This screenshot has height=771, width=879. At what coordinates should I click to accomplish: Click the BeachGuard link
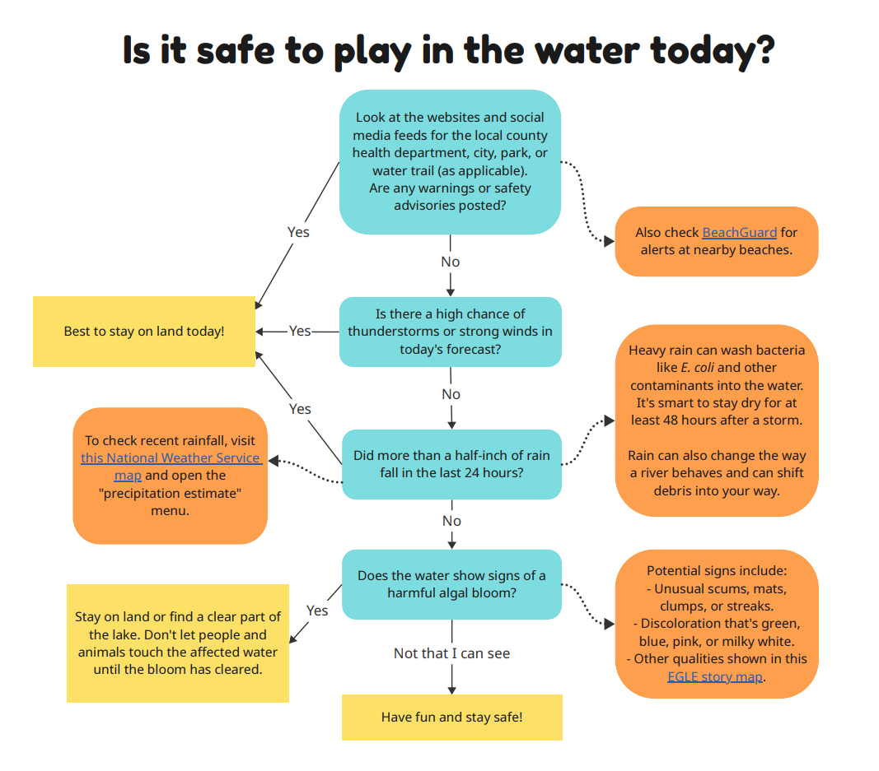click(739, 232)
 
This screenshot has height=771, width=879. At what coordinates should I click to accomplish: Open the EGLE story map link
click(715, 676)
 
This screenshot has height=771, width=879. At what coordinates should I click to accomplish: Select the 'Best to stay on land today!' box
click(144, 331)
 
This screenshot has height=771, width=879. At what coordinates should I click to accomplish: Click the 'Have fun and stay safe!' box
click(451, 717)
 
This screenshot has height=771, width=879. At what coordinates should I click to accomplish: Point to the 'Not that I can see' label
click(451, 653)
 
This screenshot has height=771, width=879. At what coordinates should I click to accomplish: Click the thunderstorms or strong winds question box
click(451, 332)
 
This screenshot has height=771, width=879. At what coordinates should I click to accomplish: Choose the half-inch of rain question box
click(451, 464)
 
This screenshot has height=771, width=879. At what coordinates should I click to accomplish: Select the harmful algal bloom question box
click(451, 584)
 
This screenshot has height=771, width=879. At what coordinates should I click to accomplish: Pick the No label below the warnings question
click(451, 262)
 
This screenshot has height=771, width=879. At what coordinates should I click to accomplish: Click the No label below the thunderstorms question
click(451, 394)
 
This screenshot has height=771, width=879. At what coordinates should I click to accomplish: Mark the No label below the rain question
click(451, 521)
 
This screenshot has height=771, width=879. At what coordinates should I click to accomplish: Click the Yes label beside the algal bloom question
click(317, 611)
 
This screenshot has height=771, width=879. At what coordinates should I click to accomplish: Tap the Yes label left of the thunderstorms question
click(300, 331)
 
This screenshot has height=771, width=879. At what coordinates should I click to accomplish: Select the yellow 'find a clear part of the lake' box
click(178, 643)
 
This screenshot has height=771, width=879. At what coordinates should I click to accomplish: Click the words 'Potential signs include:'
click(717, 570)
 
